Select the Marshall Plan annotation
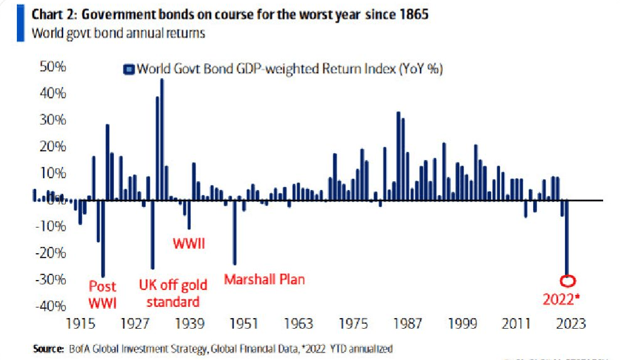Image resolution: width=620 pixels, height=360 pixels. click(265, 279)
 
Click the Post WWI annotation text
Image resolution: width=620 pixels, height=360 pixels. click(102, 294)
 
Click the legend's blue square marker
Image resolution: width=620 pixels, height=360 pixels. click(130, 70)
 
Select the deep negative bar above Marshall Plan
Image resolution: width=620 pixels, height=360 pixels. click(235, 232)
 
